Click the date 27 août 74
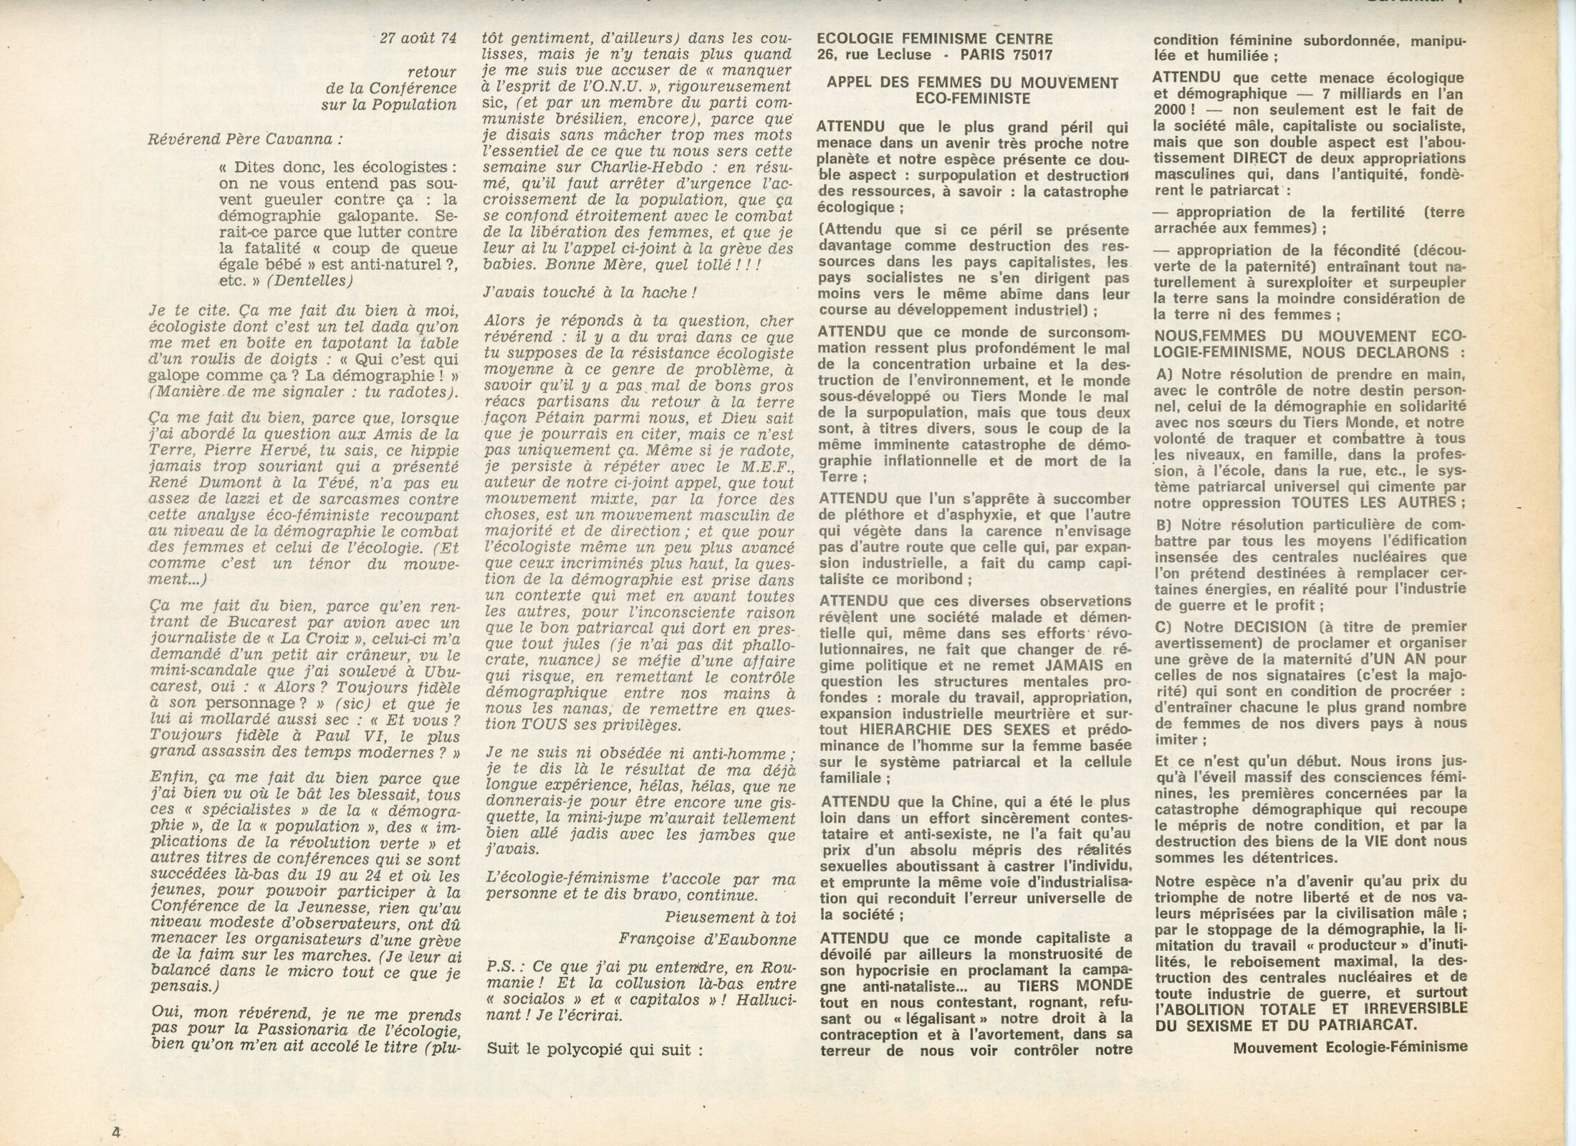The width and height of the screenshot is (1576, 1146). [x=418, y=38]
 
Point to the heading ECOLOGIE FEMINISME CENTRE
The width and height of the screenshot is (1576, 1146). [x=935, y=39]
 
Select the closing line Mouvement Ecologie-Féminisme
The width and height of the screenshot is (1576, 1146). [x=1351, y=1046]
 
